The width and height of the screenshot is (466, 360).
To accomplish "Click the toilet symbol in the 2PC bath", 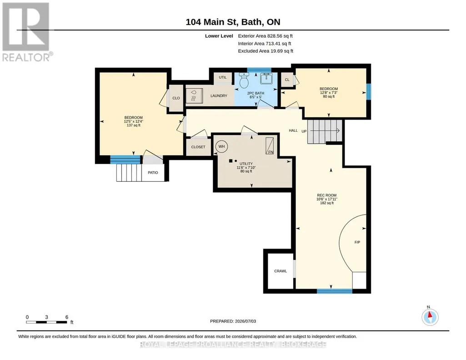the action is [x=244, y=80].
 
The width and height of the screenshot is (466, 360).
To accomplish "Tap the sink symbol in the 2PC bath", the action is [x=266, y=79].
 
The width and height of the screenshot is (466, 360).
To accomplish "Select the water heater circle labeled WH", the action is [x=221, y=146].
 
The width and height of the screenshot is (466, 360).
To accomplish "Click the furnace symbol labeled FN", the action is [x=270, y=146].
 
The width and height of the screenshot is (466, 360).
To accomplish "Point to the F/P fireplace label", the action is [x=357, y=242].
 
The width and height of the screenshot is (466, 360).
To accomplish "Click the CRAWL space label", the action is [x=280, y=271].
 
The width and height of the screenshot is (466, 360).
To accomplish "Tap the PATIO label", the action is [x=153, y=173].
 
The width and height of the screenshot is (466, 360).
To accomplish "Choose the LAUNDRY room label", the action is [x=219, y=95].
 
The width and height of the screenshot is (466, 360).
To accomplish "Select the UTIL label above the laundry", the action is [x=223, y=77].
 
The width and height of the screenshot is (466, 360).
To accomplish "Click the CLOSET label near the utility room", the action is [x=198, y=147].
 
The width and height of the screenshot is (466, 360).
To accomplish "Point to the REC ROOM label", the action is [x=326, y=195].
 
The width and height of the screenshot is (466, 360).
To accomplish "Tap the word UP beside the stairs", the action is [x=304, y=131].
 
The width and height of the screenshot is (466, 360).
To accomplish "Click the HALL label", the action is [x=293, y=130].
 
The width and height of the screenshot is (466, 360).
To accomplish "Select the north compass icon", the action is [x=430, y=317].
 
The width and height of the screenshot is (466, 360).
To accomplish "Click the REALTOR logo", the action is [x=26, y=32].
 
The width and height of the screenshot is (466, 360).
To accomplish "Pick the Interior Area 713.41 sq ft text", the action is [x=265, y=43].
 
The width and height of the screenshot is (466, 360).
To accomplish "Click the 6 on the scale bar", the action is [x=67, y=317].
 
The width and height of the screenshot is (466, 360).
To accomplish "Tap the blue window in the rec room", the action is [x=334, y=291].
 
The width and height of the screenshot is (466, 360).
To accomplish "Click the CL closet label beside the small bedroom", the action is [x=287, y=80].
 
